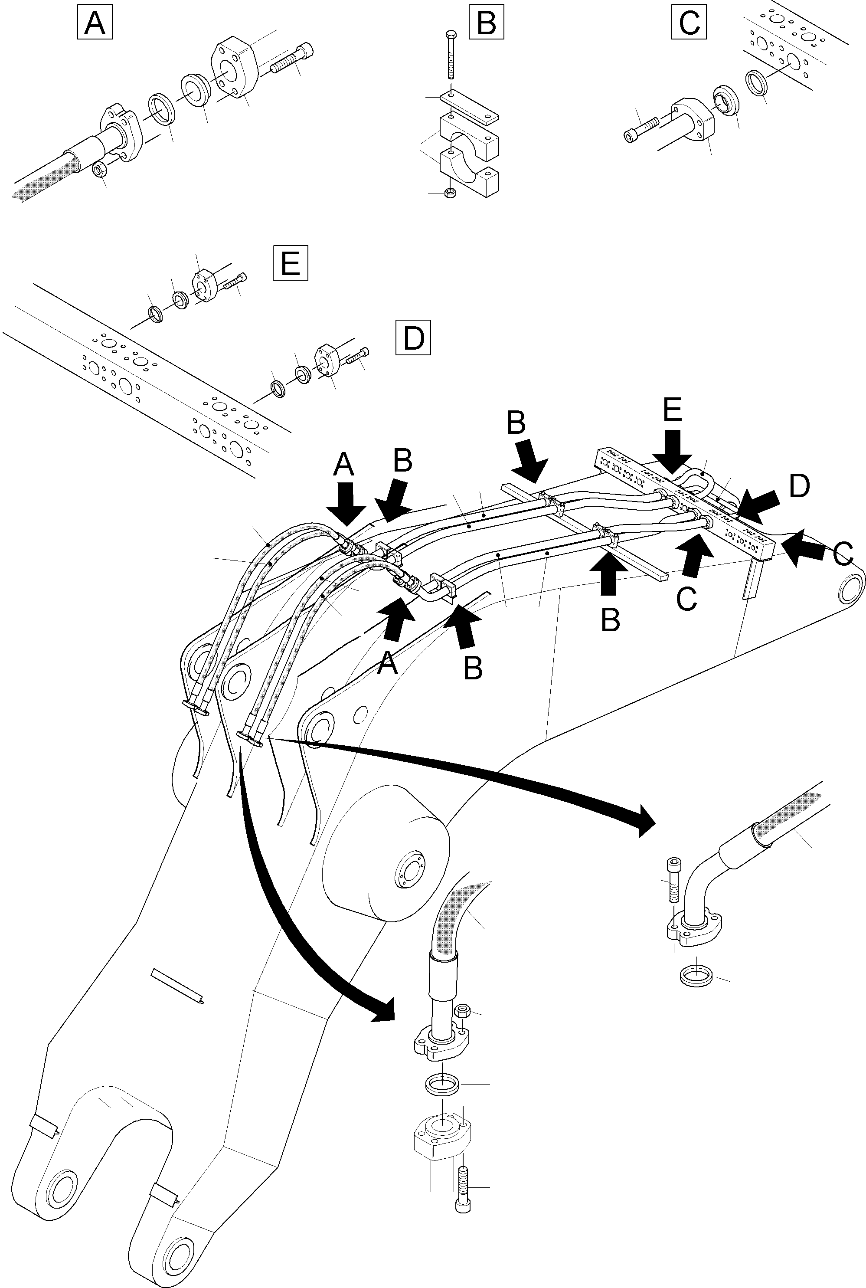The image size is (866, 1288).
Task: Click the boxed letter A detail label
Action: tap(95, 23)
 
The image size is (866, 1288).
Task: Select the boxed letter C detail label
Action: tap(689, 23)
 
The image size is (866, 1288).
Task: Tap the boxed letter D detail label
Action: tap(413, 338)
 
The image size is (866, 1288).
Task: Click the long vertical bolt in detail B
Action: tap(451, 55)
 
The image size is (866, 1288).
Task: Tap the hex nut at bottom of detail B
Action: tap(450, 193)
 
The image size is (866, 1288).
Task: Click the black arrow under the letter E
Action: tap(672, 450)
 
